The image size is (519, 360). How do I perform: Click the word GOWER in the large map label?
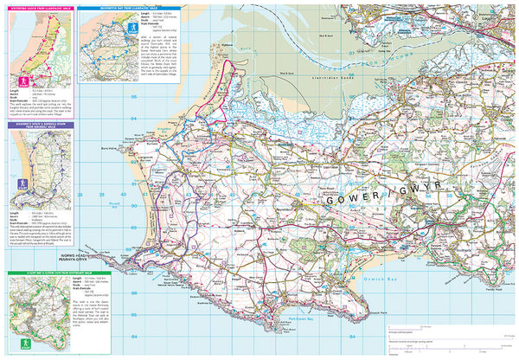(346, 200)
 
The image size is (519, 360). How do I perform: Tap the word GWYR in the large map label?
(409, 200)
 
